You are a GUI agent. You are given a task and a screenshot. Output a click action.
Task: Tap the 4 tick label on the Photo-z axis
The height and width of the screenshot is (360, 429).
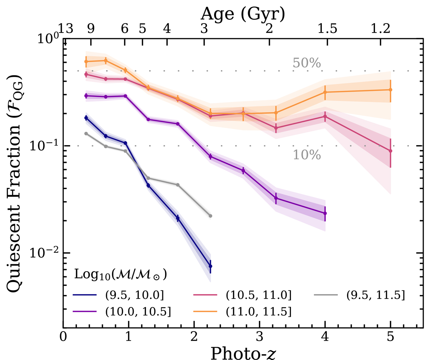pos(325,338)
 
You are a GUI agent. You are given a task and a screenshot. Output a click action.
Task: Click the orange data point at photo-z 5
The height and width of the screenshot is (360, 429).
pos(390,90)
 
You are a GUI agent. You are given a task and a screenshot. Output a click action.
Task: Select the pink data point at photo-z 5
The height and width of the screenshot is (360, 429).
pos(390,151)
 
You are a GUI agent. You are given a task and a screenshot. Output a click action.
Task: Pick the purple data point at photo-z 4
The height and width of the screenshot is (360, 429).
pos(325,213)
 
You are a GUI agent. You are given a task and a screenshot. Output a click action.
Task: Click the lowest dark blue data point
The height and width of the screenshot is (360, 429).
pos(210,266)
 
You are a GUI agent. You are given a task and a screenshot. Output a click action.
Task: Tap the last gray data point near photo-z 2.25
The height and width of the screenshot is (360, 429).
pos(210,216)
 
